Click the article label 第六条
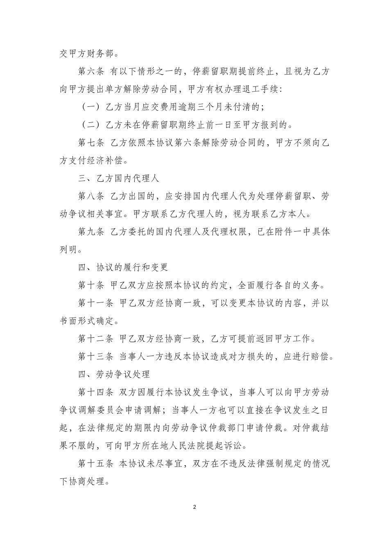tap(91, 71)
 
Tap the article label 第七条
tap(91, 143)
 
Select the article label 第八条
tap(91, 196)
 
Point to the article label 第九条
tap(91, 232)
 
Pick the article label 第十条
tap(91, 285)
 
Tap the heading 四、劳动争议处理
tap(114, 374)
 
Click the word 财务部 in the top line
tap(105, 53)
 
